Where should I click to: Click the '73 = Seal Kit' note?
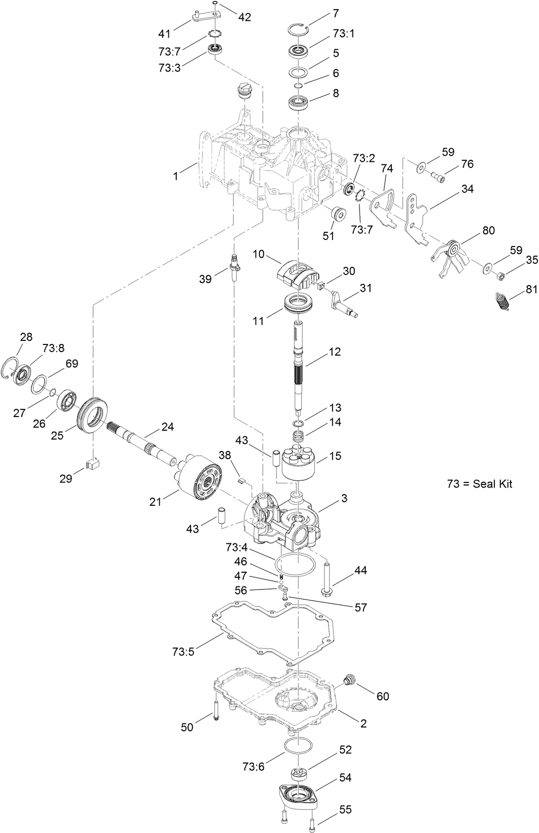click(x=479, y=483)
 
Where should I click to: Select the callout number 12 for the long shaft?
click(x=335, y=352)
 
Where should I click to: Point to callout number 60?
click(x=382, y=696)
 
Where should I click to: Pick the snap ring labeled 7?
click(x=297, y=29)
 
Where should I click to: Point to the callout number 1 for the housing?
click(x=175, y=176)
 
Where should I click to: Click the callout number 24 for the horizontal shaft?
click(x=167, y=427)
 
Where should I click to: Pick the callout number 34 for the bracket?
click(x=467, y=189)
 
